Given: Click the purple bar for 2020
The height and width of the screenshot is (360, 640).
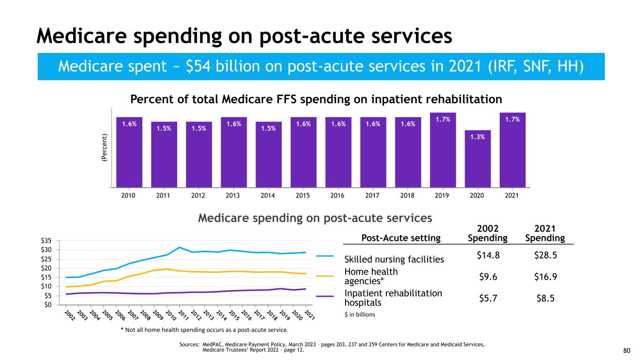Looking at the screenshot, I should tap(478, 159).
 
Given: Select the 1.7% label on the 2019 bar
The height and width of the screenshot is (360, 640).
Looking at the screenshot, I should tap(443, 119).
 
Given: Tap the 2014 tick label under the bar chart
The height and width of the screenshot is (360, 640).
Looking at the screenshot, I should tap(268, 195).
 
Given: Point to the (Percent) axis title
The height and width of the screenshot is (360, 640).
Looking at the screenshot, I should tap(104, 149).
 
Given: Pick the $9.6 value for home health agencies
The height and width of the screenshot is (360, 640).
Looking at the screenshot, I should tap(488, 276).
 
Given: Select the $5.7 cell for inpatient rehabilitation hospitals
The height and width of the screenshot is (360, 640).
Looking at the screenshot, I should tap(488, 298).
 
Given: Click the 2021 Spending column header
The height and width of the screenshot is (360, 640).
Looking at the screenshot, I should tap(545, 233).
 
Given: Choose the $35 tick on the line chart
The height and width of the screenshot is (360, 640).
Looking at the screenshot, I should tap(49, 240).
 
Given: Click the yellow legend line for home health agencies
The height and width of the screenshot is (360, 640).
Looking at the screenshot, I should tap(324, 276).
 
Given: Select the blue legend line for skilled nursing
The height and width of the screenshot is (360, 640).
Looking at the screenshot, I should tap(324, 256).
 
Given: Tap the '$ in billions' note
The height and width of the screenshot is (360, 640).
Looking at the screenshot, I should tap(360, 315).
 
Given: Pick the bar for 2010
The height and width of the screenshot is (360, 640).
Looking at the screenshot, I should tap(129, 152).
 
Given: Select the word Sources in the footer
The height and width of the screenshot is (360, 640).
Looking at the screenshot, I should tap(190, 345).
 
